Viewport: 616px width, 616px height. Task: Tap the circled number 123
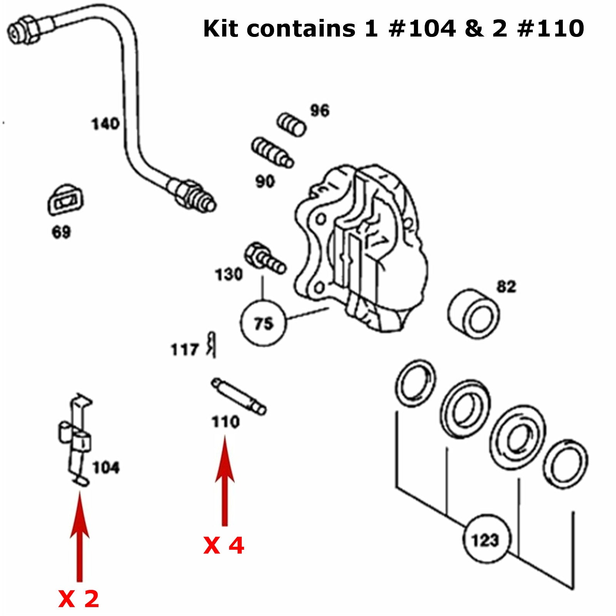click(x=485, y=540)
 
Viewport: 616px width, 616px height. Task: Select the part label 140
click(x=105, y=124)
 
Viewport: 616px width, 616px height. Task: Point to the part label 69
click(x=61, y=232)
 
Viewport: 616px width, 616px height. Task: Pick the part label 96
click(x=320, y=111)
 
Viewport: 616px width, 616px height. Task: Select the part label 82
click(x=506, y=287)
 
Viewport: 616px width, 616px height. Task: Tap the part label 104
click(x=106, y=468)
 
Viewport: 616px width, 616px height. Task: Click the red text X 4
click(x=224, y=546)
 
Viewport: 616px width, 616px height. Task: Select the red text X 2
click(x=79, y=599)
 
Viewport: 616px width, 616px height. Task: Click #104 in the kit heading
click(x=423, y=29)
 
